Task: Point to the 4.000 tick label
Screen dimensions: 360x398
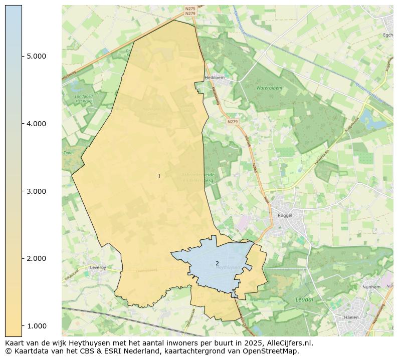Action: tap(36, 124)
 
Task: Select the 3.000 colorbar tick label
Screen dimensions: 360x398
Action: tap(36, 191)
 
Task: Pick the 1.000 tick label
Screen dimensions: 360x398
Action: tap(36, 326)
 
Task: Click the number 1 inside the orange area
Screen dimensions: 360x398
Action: tap(159, 176)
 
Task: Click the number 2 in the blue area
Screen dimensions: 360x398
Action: tap(217, 263)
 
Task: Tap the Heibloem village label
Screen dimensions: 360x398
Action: tap(214, 78)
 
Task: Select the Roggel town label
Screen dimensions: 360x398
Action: tap(284, 215)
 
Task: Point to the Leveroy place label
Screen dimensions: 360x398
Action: tap(98, 267)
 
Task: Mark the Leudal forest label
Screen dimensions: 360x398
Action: tap(304, 299)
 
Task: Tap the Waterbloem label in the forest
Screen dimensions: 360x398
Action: tap(270, 88)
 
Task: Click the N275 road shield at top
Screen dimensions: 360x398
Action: tap(190, 9)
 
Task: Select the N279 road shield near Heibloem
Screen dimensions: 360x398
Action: tap(232, 122)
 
